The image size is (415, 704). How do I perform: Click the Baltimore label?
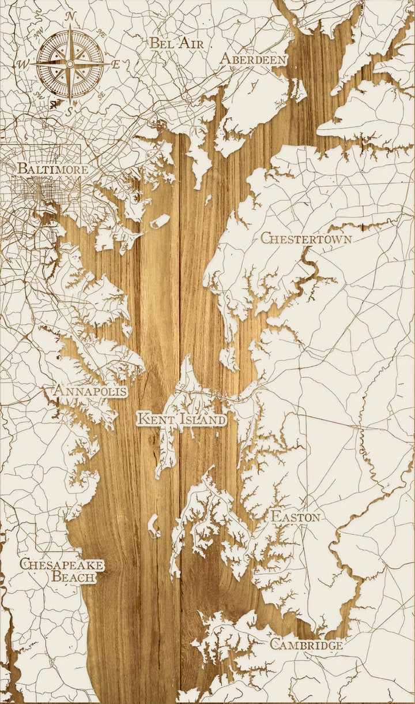52,170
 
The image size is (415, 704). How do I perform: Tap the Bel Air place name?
177,42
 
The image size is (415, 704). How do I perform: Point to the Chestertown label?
306,238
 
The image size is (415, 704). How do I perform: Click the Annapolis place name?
90,391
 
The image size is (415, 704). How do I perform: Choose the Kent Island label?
182,418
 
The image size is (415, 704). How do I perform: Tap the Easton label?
296,516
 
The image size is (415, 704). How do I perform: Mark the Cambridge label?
306,645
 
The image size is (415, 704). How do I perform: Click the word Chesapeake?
62,564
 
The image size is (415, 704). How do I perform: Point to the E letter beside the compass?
115,65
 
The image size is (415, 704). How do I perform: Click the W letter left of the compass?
24,63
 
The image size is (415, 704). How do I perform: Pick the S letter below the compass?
69,111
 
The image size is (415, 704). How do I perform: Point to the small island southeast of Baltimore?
160,221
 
